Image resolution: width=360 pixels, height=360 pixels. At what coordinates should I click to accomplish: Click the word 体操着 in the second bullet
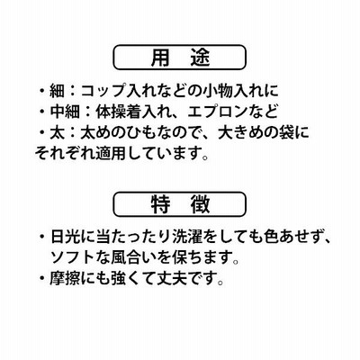tap(118, 112)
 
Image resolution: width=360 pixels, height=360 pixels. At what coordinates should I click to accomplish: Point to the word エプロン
tap(217, 112)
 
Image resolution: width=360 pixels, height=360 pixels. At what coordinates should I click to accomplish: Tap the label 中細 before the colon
tap(65, 112)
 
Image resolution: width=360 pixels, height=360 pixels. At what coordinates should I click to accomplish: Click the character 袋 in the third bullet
tap(285, 133)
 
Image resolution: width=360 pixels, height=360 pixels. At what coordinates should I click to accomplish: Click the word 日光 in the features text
tap(65, 237)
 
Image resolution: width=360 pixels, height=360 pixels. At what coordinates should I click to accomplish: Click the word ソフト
tap(73, 257)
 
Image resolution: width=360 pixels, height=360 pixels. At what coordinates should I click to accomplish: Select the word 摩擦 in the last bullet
tap(65, 278)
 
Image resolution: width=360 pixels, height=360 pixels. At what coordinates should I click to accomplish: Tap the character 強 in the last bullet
tap(118, 278)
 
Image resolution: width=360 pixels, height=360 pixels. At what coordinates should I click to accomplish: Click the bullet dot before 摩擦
tap(42, 278)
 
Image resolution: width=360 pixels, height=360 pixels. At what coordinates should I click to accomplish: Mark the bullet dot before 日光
tap(42, 237)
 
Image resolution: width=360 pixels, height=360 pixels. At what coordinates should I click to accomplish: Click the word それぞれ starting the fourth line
tap(65, 153)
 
